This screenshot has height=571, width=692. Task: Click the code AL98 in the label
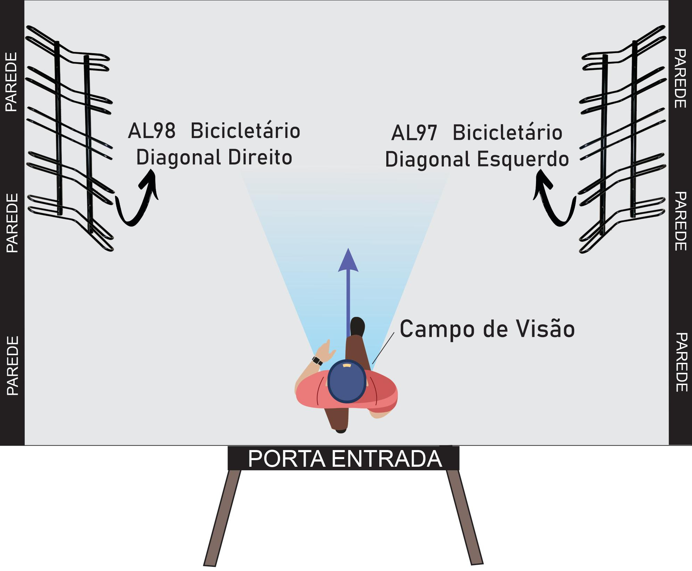click(151, 131)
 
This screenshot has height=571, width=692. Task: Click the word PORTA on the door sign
click(287, 459)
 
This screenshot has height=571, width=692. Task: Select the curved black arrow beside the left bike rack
click(136, 200)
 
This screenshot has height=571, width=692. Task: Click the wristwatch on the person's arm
click(317, 361)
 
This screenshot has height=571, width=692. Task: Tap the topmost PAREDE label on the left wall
click(12, 82)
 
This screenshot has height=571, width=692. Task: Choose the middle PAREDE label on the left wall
click(12, 223)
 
